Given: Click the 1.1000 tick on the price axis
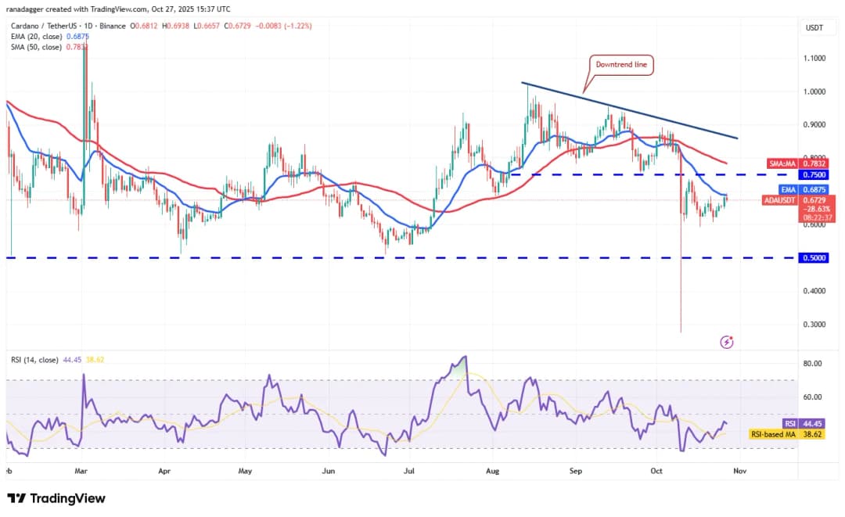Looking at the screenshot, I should [815, 58].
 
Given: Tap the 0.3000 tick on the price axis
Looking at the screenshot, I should [815, 324].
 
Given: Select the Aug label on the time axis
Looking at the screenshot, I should [492, 472].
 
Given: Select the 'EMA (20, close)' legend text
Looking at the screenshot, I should [38, 37].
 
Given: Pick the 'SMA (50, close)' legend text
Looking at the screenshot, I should [38, 47].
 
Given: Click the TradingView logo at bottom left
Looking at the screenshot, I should [56, 498].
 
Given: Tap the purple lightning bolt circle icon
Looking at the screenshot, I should [728, 342].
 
